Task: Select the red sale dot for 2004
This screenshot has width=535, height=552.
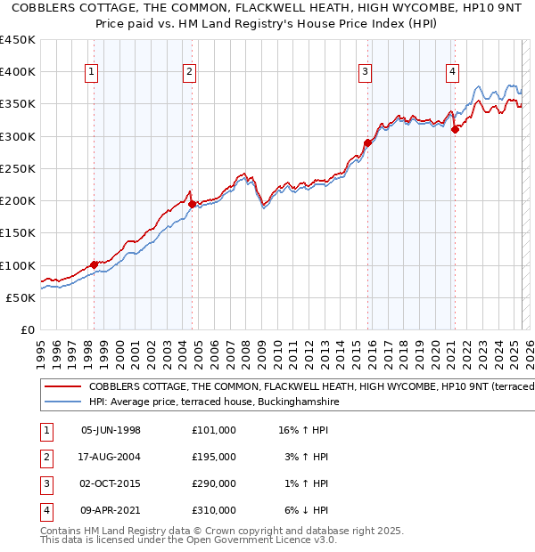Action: tap(192, 204)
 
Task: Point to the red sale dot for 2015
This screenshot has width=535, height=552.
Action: tap(367, 142)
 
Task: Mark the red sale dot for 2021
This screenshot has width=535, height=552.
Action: tap(455, 129)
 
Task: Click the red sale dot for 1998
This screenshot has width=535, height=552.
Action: tap(94, 264)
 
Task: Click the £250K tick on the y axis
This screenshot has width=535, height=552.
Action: tap(18, 168)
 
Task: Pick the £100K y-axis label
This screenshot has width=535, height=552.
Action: tap(18, 265)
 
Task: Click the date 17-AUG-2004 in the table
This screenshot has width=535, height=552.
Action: tap(111, 457)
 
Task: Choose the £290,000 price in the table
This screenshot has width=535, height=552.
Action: tap(214, 483)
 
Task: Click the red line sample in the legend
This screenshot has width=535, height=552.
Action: tap(62, 387)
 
